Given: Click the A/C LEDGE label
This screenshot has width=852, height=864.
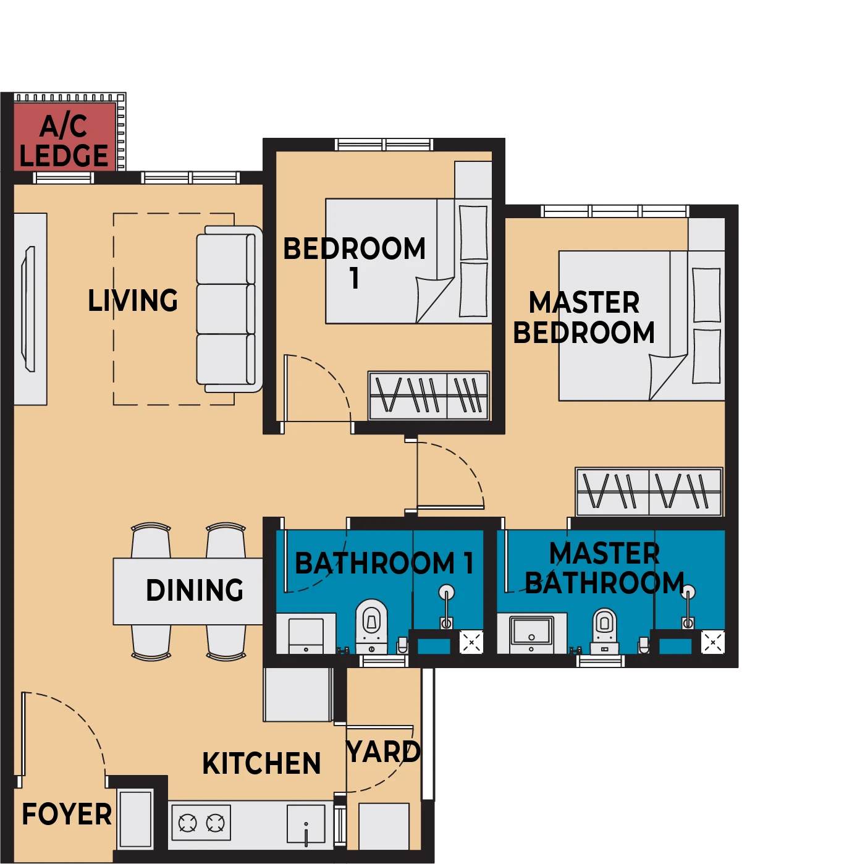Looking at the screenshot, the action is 64,141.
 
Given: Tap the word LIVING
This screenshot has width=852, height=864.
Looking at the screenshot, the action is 133,300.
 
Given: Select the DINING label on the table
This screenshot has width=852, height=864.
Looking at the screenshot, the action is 195,590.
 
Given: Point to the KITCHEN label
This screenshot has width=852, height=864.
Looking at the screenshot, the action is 261,763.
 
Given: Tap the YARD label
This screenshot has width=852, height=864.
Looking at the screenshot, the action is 384,752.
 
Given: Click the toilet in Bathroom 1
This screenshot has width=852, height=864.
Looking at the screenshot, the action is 371,626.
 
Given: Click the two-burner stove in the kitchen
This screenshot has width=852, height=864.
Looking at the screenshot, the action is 201,823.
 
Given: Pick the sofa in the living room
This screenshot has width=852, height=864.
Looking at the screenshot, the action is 229,309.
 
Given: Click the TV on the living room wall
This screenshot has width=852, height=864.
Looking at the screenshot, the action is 28,309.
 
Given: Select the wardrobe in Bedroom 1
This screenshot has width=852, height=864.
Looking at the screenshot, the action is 429,396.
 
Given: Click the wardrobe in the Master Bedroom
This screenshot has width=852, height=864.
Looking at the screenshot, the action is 649,492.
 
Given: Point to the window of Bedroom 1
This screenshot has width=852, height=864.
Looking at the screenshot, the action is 384,145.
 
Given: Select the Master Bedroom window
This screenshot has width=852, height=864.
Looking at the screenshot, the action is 614,211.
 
